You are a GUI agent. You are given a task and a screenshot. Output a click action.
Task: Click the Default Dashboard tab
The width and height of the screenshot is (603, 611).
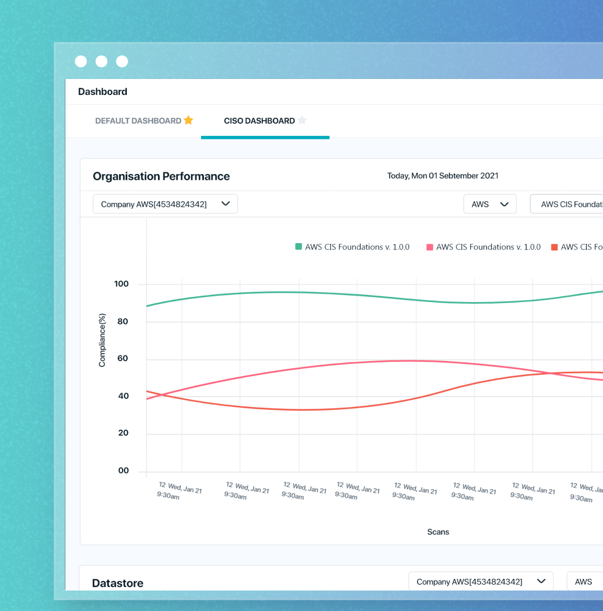138,121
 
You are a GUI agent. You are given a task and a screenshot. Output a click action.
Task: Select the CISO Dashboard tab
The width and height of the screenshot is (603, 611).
259,121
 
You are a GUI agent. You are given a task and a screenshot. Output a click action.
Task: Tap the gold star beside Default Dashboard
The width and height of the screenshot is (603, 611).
189,120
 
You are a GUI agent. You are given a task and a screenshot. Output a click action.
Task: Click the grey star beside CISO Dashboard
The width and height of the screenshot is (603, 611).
302,120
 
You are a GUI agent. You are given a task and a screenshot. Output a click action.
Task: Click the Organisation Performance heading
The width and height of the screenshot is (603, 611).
161,176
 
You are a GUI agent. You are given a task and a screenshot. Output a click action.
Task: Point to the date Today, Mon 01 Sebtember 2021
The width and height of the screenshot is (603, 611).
442,176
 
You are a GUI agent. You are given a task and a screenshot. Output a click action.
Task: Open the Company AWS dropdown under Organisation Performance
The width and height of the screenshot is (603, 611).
165,204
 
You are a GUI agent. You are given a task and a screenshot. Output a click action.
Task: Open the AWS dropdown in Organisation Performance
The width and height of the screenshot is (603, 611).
489,204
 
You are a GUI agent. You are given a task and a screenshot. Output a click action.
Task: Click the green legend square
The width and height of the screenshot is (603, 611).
299,247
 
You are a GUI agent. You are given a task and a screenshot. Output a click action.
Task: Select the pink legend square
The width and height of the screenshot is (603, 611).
430,247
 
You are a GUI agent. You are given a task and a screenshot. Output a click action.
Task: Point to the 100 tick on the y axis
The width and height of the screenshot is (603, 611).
121,284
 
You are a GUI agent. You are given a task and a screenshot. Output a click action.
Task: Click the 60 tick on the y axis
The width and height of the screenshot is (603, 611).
122,359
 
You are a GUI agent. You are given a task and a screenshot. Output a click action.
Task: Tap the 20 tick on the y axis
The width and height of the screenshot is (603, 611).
123,433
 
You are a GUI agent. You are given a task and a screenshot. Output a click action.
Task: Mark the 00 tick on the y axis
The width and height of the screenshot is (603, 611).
123,471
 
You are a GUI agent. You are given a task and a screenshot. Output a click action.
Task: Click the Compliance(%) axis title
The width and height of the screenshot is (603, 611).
102,340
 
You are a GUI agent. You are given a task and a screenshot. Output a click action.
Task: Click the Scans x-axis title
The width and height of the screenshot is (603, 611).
438,532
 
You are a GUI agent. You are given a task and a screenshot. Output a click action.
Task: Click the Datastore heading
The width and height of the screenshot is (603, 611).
118,583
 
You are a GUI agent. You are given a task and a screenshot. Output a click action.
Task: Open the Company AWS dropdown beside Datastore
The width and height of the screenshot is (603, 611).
481,582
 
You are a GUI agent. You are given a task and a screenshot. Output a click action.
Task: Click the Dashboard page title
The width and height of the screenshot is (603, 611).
102,92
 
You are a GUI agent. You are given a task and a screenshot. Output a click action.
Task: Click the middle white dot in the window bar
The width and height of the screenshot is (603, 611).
101,61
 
